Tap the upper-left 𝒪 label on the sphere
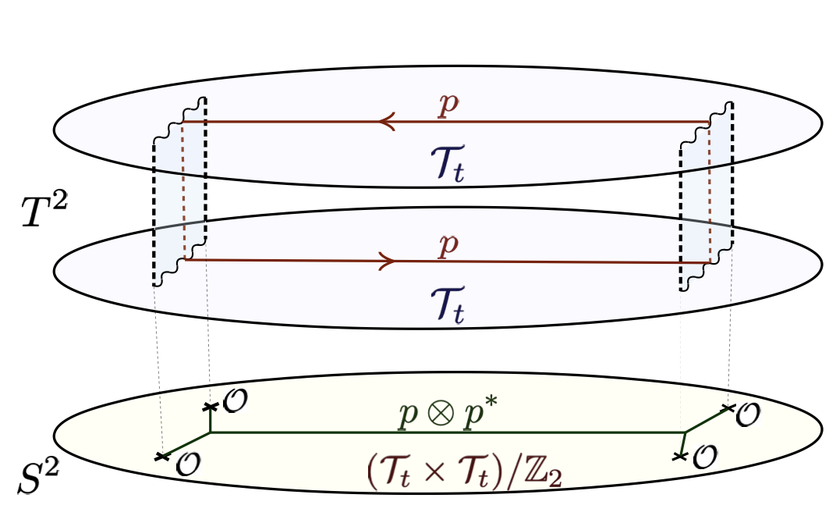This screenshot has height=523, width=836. tap(235, 401)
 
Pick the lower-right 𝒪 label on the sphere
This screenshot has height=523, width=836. tap(705, 455)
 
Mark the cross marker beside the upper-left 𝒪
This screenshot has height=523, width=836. tap(209, 407)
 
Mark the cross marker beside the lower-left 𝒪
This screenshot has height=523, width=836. tap(162, 457)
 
